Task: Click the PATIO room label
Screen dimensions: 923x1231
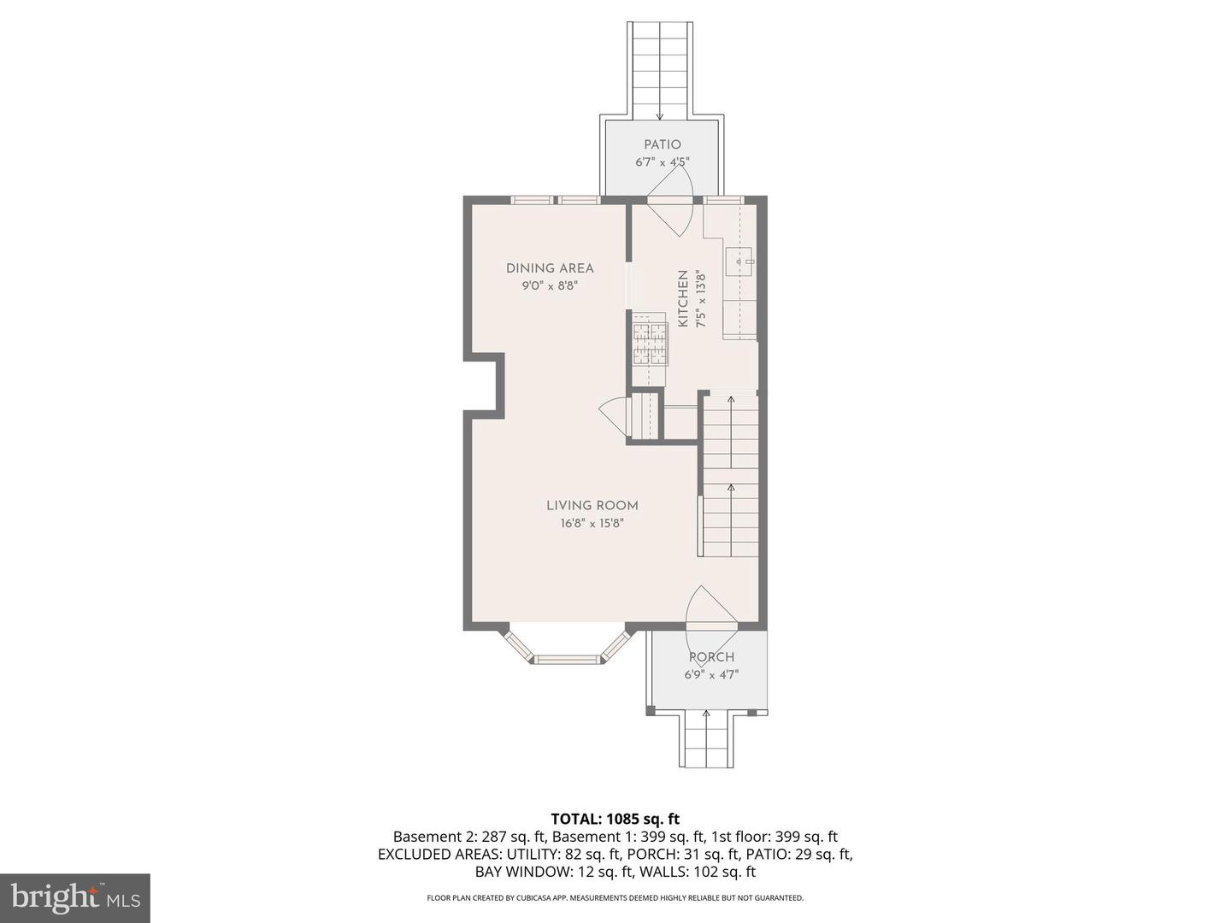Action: click(x=663, y=144)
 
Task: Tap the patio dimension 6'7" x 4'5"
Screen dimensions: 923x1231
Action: click(x=663, y=162)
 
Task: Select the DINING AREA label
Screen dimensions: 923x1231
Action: click(x=550, y=268)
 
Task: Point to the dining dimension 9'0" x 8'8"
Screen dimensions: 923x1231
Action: click(x=550, y=286)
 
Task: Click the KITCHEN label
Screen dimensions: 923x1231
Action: click(x=683, y=299)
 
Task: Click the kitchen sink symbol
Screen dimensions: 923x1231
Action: click(x=739, y=262)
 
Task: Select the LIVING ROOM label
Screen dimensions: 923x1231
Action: click(x=592, y=505)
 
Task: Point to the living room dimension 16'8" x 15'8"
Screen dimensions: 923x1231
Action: click(x=592, y=524)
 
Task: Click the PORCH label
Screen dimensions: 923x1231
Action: click(x=711, y=657)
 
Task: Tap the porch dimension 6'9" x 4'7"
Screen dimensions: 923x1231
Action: click(x=711, y=674)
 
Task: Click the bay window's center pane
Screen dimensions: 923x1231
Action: click(x=567, y=659)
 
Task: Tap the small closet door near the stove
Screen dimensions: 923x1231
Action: click(x=614, y=416)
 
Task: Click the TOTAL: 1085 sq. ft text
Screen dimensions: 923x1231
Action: click(x=615, y=820)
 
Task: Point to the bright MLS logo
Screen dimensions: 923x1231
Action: click(x=74, y=897)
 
